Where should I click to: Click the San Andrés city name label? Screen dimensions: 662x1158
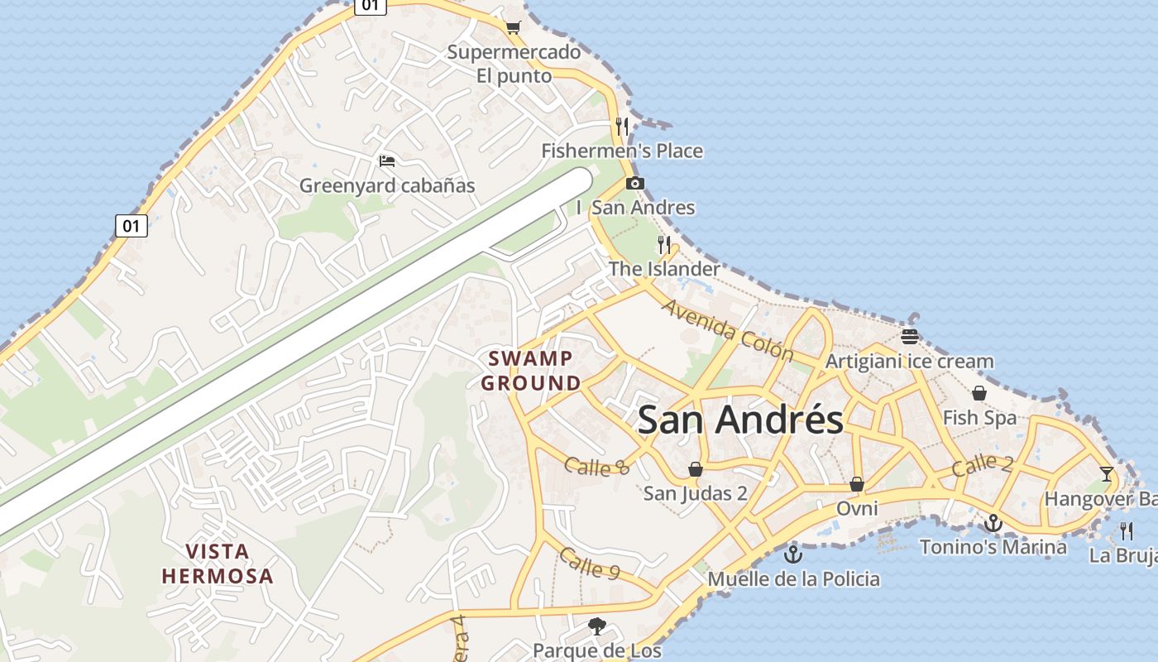(740, 420)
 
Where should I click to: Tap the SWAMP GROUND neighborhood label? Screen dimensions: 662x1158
(530, 371)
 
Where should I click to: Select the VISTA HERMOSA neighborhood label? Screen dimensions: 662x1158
(217, 564)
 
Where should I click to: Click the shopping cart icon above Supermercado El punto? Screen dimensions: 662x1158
(513, 27)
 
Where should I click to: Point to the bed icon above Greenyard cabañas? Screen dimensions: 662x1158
(386, 161)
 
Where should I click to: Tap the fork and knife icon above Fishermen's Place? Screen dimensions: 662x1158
(622, 126)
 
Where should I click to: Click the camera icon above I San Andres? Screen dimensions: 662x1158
(634, 183)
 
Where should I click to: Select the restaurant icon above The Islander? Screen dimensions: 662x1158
(664, 244)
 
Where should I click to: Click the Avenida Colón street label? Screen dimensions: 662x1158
(727, 331)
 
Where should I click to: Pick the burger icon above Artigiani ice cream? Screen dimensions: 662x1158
(910, 336)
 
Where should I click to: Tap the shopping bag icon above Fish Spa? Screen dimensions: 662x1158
(979, 392)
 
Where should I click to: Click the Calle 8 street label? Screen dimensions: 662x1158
(596, 467)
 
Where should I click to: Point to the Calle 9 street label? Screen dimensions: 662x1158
(590, 564)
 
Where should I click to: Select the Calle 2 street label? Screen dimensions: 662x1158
(982, 465)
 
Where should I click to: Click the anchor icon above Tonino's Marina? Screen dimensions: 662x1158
(993, 522)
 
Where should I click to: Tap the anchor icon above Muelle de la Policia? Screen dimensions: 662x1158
(793, 554)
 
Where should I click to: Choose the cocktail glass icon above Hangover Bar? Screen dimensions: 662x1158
(1107, 474)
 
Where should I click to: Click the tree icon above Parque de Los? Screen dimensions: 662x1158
(596, 626)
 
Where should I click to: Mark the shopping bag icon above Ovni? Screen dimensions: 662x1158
(857, 483)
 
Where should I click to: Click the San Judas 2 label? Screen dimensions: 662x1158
(696, 493)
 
